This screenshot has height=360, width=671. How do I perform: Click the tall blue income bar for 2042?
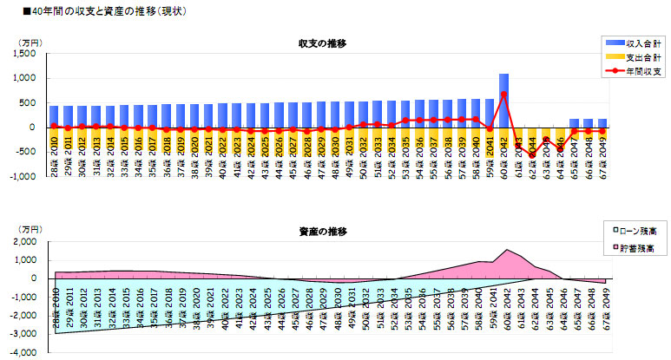pyautogui.click(x=503, y=100)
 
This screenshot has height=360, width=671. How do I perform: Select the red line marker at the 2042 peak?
pyautogui.click(x=503, y=94)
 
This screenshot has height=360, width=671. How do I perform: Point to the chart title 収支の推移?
pyautogui.click(x=322, y=43)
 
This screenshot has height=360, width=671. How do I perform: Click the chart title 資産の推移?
pyautogui.click(x=322, y=232)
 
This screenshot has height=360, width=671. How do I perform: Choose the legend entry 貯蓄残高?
pyautogui.click(x=642, y=249)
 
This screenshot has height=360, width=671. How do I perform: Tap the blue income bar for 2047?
pyautogui.click(x=574, y=123)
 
